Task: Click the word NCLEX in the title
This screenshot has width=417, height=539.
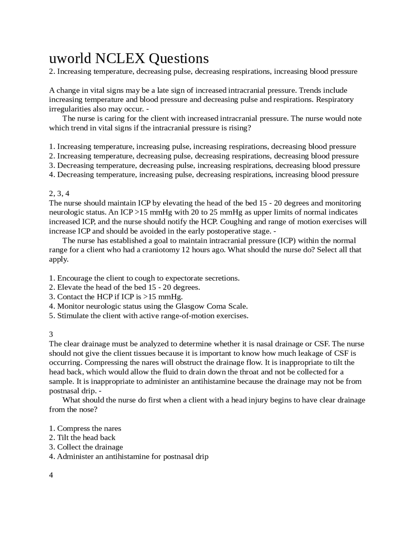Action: click(120, 59)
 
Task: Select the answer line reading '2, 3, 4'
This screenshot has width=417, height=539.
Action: click(59, 194)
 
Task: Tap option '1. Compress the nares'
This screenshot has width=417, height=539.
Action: click(85, 428)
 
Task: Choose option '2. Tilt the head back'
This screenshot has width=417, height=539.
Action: click(82, 438)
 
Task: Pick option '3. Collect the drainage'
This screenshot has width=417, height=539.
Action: click(86, 447)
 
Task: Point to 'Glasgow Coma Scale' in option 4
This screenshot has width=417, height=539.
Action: click(211, 306)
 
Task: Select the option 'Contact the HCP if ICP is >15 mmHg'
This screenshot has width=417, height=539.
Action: click(116, 297)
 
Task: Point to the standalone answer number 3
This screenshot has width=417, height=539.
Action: click(51, 335)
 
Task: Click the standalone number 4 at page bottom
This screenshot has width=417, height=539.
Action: click(51, 475)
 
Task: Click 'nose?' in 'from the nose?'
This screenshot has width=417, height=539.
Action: click(88, 409)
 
